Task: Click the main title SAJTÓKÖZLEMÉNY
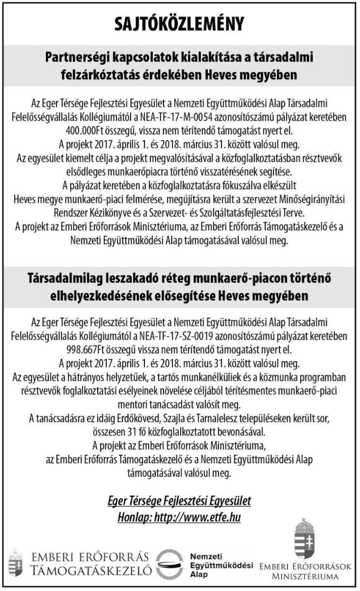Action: point(180,24)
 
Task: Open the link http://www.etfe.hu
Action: point(197,518)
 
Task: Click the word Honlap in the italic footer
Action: point(133,518)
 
